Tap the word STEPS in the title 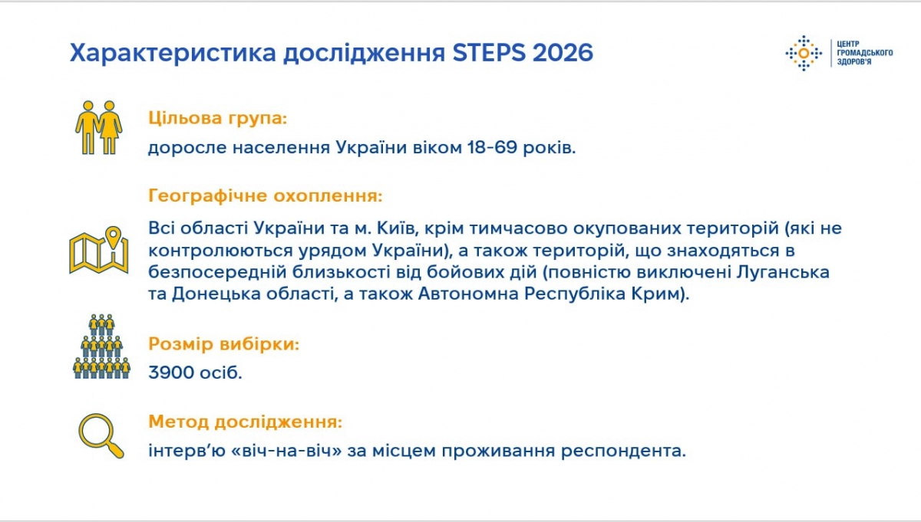pos(489,53)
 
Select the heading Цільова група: pos(217,118)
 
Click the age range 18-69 pos(492,147)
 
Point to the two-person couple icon pos(99,127)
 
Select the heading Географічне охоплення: pos(266,195)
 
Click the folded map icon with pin pos(99,250)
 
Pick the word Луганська pos(782,272)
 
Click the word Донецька pos(216,294)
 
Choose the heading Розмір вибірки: pos(223,343)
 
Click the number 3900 pos(171,373)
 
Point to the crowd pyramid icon pos(101,346)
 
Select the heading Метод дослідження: pos(245,422)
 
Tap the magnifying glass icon pos(101,435)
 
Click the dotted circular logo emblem pos(804,53)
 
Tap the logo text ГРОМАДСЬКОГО pos(865,53)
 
